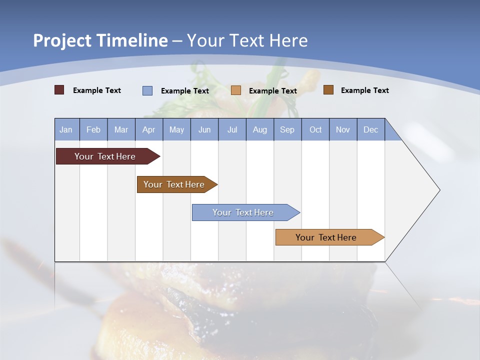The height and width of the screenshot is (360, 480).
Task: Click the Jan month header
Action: point(66,129)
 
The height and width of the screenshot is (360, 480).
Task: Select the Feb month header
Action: point(93,129)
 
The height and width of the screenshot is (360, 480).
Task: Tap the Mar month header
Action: point(121,129)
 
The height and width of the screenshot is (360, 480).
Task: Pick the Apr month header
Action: point(148,129)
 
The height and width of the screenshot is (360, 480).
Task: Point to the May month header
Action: point(176,129)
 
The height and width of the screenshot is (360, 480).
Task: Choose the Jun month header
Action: point(204,129)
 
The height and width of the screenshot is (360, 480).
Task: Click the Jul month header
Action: point(232,129)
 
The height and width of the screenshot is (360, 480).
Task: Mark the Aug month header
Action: point(259,129)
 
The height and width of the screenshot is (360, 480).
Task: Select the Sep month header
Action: point(287,129)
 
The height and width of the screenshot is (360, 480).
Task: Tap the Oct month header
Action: point(315,129)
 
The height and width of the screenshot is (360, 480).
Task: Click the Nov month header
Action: point(343,129)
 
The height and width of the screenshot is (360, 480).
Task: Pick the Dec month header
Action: point(370,129)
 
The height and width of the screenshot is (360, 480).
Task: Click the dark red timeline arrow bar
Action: point(105,156)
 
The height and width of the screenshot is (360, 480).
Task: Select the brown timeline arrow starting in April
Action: point(174,184)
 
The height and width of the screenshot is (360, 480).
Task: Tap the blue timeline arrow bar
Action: point(243,212)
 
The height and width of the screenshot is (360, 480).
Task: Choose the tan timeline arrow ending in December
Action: point(326,237)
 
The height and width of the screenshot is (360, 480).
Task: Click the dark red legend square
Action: point(59,90)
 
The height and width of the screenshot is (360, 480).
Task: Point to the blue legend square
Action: point(147,90)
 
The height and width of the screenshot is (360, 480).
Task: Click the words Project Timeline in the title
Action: point(100,40)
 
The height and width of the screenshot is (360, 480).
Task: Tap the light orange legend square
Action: point(236,90)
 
